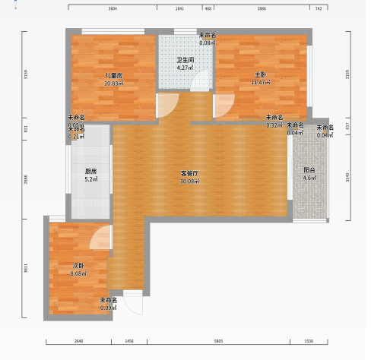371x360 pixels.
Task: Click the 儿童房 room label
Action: (x=114, y=75)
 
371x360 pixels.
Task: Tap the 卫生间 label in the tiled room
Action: (x=185, y=60)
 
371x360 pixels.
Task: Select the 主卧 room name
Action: (x=260, y=74)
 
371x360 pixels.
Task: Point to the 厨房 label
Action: (x=90, y=171)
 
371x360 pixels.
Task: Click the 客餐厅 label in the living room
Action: (x=189, y=174)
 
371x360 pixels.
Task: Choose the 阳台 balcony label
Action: (x=309, y=170)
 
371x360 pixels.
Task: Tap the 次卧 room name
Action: (x=78, y=265)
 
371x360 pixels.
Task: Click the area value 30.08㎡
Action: (x=189, y=182)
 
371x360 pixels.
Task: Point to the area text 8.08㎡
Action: (x=78, y=273)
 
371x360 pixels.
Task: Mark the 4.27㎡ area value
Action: (x=185, y=68)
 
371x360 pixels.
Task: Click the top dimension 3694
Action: (x=113, y=8)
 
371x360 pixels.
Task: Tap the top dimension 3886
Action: (x=262, y=8)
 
